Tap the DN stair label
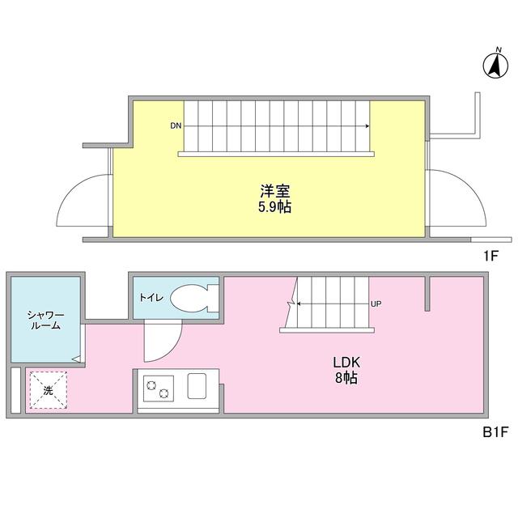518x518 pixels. tap(175, 126)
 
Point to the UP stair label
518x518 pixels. tap(376, 304)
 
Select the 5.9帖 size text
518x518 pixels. tap(275, 207)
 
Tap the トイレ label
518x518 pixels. tap(151, 298)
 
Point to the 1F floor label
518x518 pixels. tap(490, 257)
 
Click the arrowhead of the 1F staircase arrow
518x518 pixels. tap(368, 126)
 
